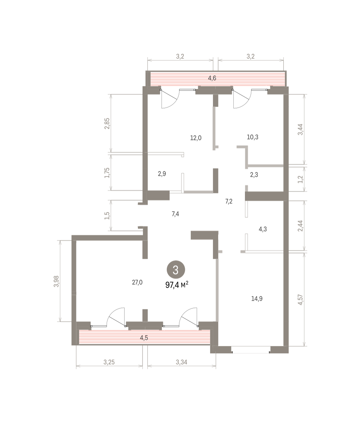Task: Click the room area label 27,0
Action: tap(137, 282)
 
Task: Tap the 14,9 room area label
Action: tap(257, 299)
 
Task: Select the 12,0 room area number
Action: tap(196, 138)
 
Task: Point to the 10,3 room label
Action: tap(253, 137)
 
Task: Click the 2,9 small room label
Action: tap(162, 174)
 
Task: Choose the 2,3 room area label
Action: tap(254, 175)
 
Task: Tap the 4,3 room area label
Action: tap(263, 229)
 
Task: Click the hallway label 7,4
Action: tap(175, 214)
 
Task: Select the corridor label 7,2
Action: tap(229, 202)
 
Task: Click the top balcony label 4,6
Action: tap(212, 78)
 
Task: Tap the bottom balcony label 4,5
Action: tap(144, 338)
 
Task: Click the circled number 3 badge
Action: tap(176, 269)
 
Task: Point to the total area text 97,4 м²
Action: tap(177, 285)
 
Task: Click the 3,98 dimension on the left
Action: tap(56, 281)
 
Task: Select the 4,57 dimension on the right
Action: tap(300, 300)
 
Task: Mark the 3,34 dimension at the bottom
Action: tap(182, 362)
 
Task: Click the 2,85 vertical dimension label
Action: tap(107, 123)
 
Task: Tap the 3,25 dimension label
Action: tap(109, 362)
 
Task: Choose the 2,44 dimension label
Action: tap(300, 226)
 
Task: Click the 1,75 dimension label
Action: tap(107, 173)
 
